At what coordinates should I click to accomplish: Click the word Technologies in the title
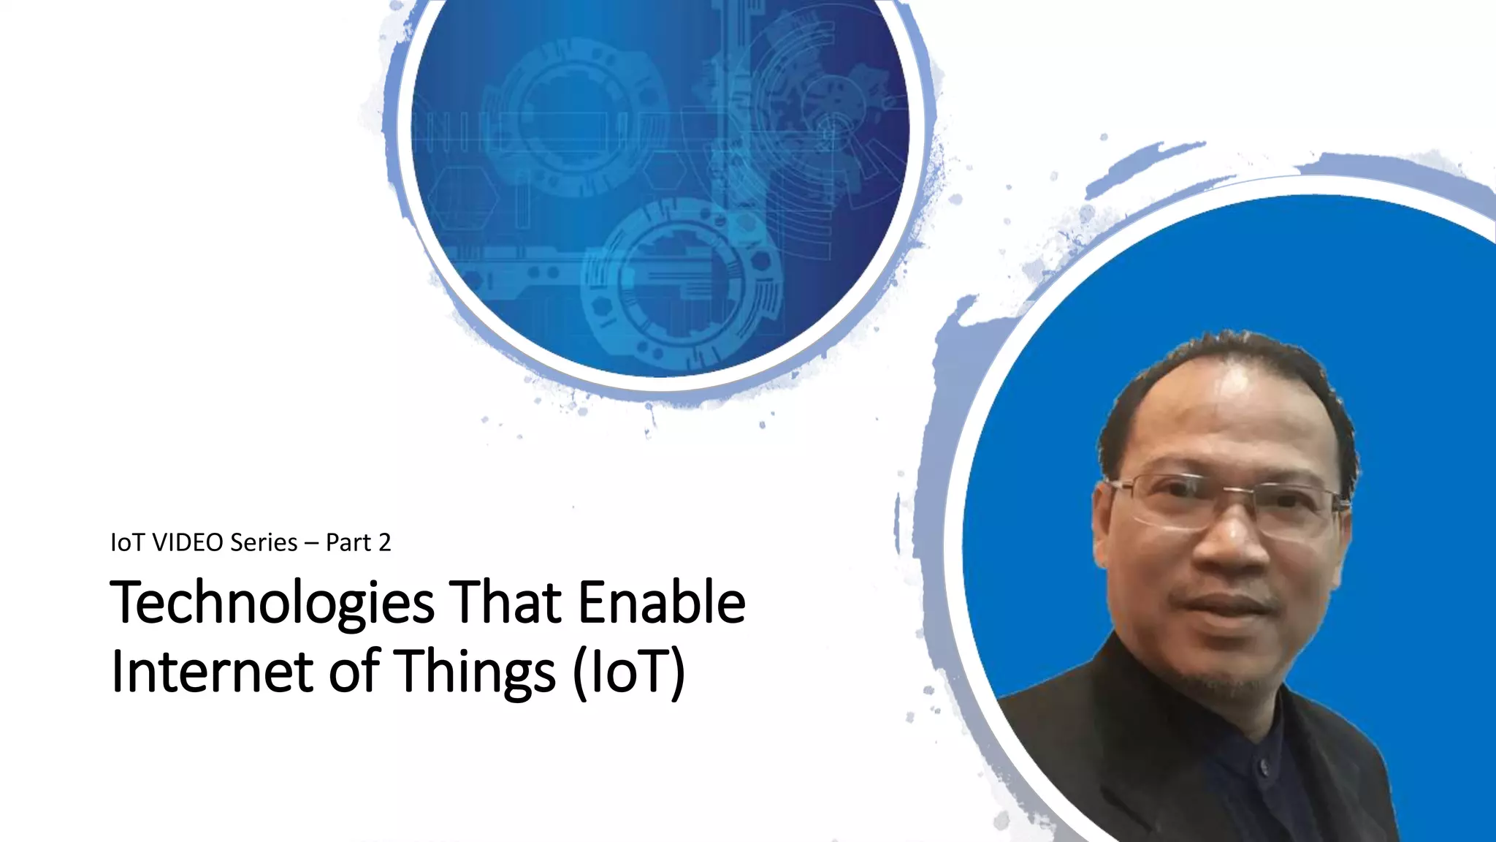pos(272,603)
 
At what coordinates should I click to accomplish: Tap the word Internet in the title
pos(212,671)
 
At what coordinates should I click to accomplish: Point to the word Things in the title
pos(475,671)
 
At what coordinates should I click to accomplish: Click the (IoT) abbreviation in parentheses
pos(629,671)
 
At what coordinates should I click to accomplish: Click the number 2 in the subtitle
pos(384,542)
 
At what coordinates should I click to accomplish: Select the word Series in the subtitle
pos(264,542)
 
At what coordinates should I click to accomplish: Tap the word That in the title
pos(505,603)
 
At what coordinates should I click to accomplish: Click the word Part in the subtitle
pos(348,542)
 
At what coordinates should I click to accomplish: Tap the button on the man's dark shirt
pos(1262,765)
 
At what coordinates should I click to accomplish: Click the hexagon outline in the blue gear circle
pos(462,197)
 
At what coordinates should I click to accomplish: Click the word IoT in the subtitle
pos(127,542)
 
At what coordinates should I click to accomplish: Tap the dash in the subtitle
pos(312,543)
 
